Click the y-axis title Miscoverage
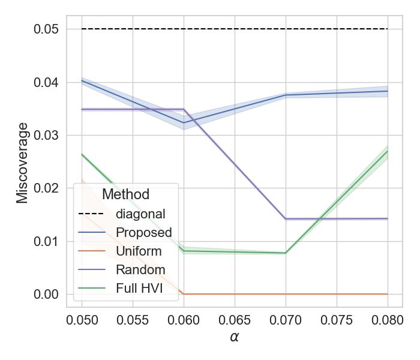coord(22,163)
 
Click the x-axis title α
coord(235,337)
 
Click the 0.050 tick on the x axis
coord(82,319)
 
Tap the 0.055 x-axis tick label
coord(133,319)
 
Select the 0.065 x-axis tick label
coord(235,319)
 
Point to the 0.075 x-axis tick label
coord(337,319)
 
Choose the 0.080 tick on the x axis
coord(388,319)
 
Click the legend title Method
coord(125,194)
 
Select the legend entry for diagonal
coord(140,214)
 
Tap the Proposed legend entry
coord(144,232)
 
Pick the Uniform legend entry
coord(139,251)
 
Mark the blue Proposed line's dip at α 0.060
coord(184,123)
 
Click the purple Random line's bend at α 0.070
coord(286,219)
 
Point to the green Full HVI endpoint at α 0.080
coord(388,151)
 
